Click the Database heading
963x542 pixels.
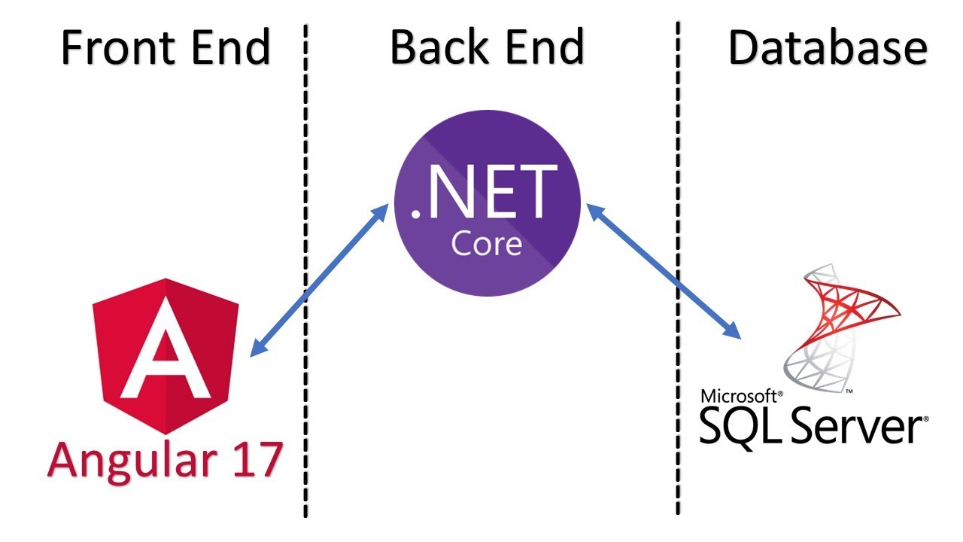(827, 47)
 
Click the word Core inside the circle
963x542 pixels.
(486, 244)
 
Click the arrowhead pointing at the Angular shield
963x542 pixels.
(257, 349)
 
